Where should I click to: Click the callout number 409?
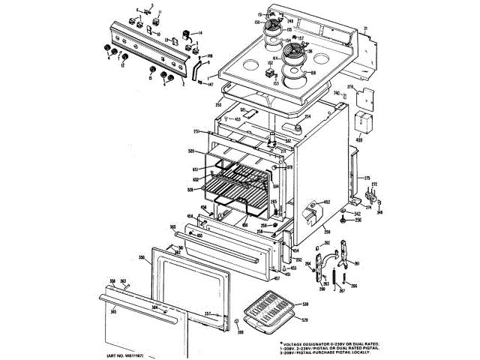360,139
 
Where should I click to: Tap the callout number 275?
368,178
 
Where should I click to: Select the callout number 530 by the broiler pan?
304,304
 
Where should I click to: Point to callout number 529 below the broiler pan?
304,320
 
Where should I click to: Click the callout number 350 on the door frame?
142,257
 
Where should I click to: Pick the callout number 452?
326,202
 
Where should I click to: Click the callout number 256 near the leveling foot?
358,220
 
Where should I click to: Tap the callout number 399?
241,331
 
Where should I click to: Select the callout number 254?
307,116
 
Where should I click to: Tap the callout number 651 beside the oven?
194,170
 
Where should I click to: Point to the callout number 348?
379,212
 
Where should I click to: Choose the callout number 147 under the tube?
211,85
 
